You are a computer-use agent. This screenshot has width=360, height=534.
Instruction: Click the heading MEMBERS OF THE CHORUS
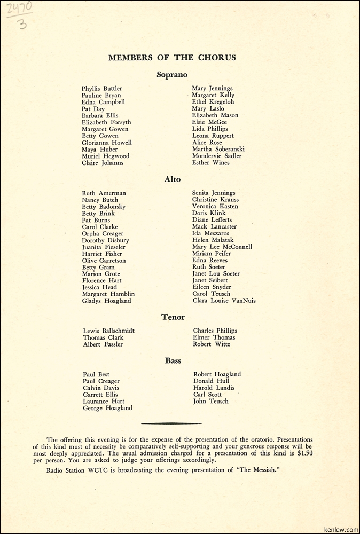point(172,58)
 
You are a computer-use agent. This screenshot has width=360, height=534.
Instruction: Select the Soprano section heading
point(172,75)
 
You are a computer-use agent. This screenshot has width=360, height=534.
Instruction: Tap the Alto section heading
point(173,179)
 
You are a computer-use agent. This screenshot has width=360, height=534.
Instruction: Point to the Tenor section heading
point(173,317)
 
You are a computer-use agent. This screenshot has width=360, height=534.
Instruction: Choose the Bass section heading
point(173,361)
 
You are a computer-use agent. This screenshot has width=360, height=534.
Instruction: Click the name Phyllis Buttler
point(102,89)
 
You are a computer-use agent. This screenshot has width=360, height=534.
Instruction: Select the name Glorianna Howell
point(107,143)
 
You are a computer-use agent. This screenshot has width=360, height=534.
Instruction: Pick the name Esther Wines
point(211,163)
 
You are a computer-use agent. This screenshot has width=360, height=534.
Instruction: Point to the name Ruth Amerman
point(104,193)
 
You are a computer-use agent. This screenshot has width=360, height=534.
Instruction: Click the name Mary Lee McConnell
point(222,247)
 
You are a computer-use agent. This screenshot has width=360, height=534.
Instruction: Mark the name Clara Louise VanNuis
point(224,301)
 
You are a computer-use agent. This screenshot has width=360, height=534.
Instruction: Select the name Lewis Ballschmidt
point(109,331)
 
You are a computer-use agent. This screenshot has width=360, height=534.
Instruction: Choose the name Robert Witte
point(212,344)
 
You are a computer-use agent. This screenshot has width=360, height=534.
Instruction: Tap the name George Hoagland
point(107,408)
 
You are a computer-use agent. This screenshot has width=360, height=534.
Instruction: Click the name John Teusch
point(211,402)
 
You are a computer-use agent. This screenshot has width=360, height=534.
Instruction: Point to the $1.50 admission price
point(304,453)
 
